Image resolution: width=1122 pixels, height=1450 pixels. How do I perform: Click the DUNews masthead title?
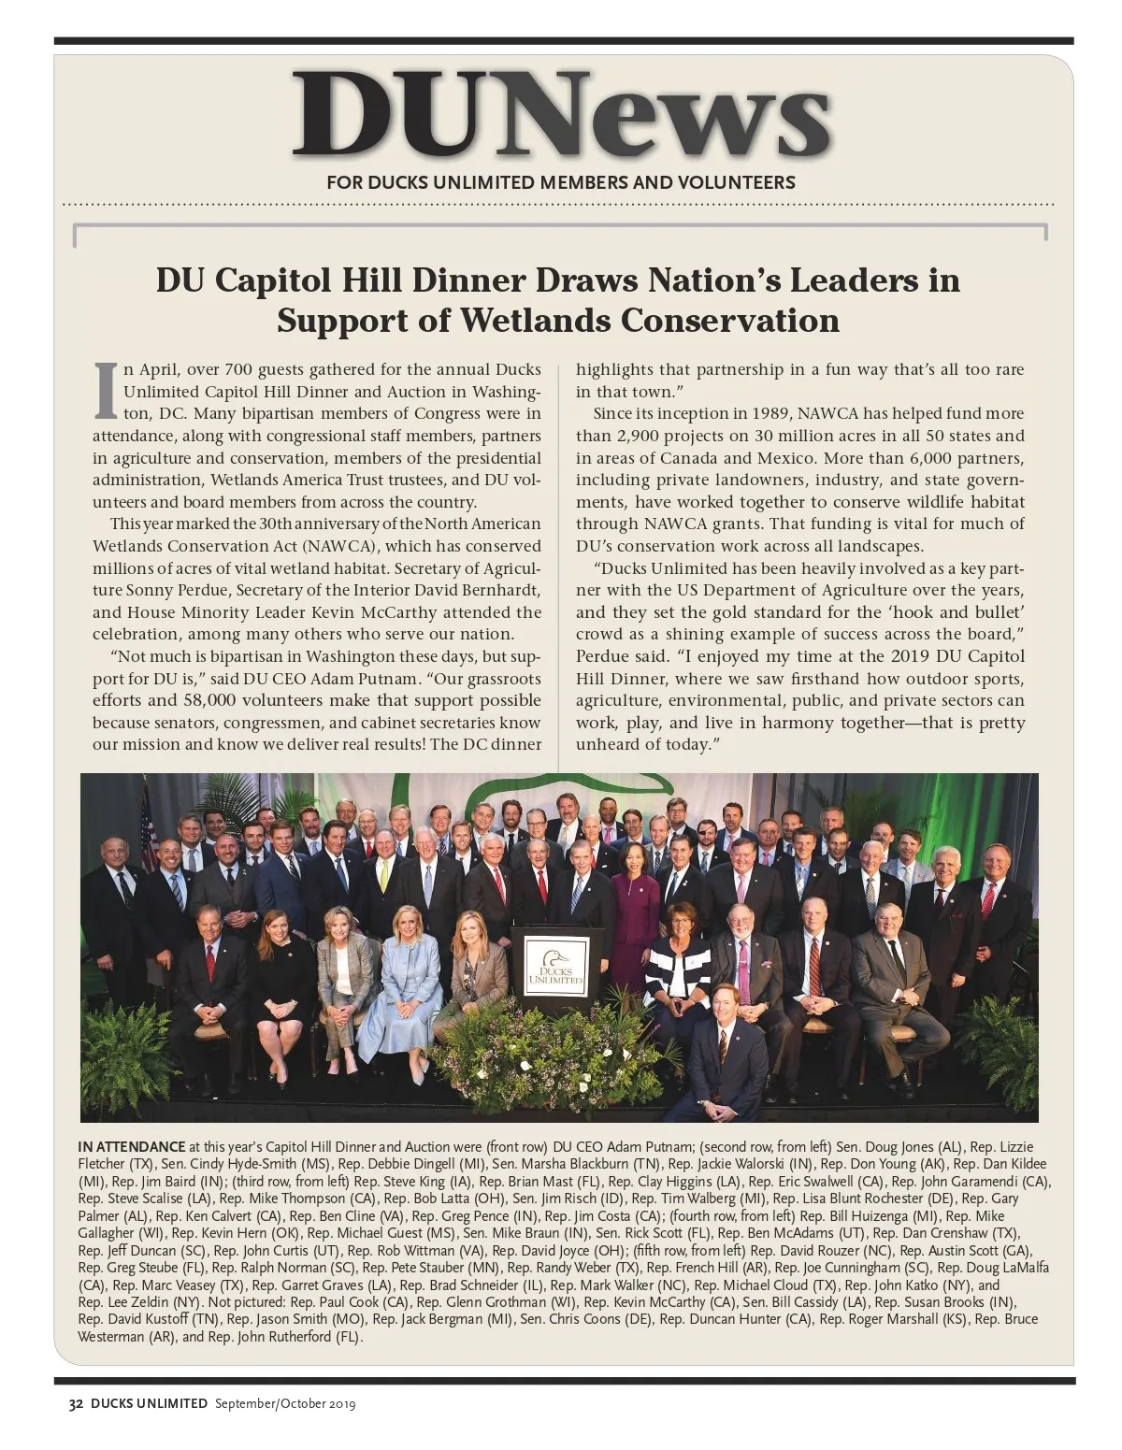click(561, 114)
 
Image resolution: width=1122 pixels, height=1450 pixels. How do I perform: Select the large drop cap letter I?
click(106, 392)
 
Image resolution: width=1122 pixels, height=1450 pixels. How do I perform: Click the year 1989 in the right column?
click(761, 413)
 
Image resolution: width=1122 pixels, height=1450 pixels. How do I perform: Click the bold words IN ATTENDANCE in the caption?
click(132, 1147)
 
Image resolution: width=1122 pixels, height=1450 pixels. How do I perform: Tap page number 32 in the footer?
click(76, 1403)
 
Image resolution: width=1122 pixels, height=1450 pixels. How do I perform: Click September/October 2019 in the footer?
click(285, 1403)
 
